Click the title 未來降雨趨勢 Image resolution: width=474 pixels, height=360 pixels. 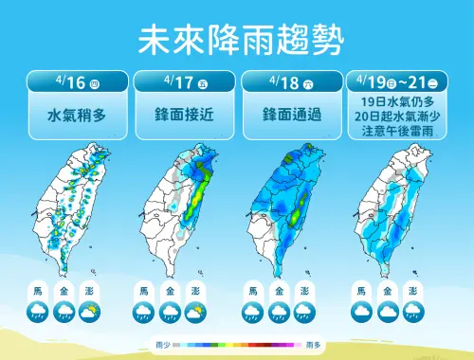pyautogui.click(x=237, y=39)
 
